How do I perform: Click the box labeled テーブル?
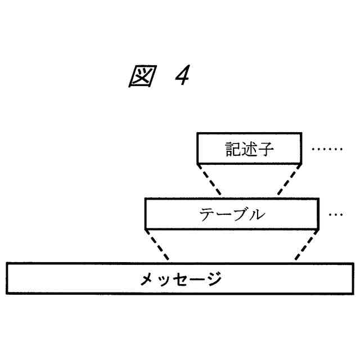(232, 214)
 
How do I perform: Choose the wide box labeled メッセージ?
(180, 278)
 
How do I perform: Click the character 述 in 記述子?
(250, 149)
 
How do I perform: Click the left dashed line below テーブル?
(157, 245)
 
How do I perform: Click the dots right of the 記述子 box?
(326, 150)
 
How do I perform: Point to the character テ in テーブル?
(208, 214)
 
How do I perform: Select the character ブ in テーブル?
(240, 214)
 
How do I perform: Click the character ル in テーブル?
(257, 214)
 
